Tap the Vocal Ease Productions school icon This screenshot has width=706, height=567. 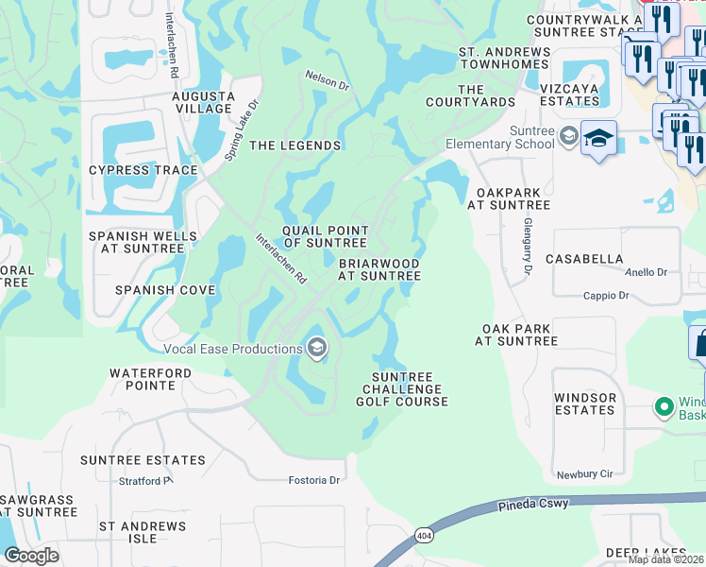click(x=317, y=349)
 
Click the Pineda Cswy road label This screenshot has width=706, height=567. click(x=533, y=506)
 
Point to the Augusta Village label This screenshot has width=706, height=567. click(x=203, y=102)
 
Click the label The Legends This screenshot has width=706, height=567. click(x=294, y=146)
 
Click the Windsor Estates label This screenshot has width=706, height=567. click(x=584, y=404)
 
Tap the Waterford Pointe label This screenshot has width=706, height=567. click(x=156, y=379)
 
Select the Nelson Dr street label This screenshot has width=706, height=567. click(x=327, y=81)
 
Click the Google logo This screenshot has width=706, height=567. click(x=31, y=556)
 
